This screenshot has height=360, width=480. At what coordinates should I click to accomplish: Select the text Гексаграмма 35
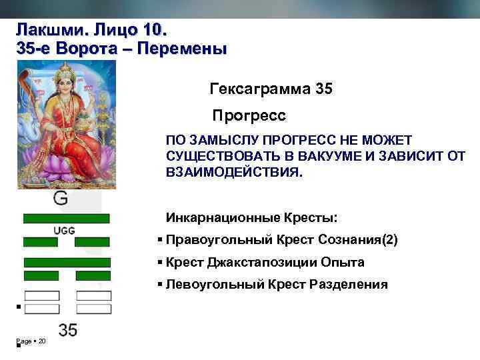coord(271,88)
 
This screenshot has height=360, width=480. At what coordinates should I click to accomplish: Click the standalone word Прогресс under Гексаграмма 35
coord(249,116)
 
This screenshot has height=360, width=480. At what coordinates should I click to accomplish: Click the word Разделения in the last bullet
coord(349,285)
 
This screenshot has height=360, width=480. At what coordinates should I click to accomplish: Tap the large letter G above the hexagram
coord(60,197)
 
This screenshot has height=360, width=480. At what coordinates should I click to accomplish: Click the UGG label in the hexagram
coord(64,231)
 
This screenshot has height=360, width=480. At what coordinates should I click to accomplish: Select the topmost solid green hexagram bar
coord(66,218)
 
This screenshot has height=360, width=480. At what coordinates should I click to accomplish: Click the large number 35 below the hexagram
coord(68,329)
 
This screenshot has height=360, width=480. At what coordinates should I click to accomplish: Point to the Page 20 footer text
coord(31,341)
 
